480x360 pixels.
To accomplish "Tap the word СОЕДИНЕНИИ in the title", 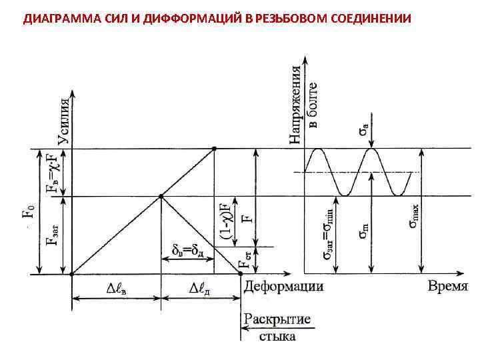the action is (367, 17).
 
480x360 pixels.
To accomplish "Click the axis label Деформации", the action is (283, 286).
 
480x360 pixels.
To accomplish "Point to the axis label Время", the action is (447, 286).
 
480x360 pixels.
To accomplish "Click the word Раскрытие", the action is (277, 319).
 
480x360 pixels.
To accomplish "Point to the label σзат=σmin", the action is (328, 235).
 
